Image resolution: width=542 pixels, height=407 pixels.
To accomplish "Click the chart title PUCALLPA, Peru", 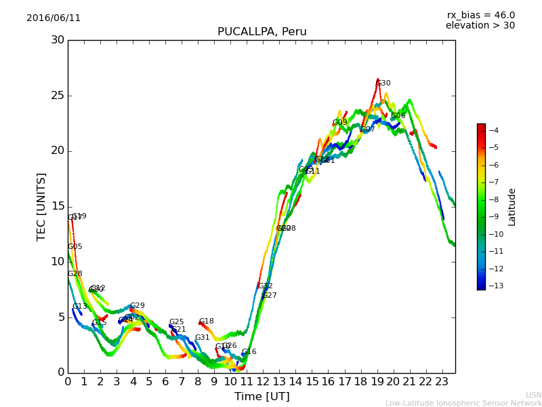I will click(262, 32).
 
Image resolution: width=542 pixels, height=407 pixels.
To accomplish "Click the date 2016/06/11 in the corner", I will click(54, 18).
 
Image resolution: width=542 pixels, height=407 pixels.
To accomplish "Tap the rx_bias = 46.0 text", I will click(480, 15).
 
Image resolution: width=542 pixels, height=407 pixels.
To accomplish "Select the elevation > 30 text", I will click(480, 26).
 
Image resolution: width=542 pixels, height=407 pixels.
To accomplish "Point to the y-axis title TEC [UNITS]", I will click(41, 206).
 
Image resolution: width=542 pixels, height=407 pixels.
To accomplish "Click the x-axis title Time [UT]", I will click(262, 397).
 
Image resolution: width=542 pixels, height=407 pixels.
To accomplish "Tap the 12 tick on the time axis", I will click(263, 381).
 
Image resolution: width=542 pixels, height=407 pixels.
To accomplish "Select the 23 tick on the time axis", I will click(442, 381).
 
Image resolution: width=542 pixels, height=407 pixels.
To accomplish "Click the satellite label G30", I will click(383, 83).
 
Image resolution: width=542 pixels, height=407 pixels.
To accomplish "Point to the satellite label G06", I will click(398, 116).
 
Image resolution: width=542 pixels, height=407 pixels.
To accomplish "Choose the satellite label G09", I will click(339, 123).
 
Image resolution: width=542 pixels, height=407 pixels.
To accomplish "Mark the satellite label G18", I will click(206, 322).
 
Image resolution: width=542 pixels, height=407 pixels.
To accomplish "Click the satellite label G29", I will click(137, 306).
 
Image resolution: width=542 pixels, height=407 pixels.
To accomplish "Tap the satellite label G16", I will click(249, 352).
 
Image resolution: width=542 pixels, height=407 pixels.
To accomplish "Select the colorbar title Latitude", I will click(512, 206).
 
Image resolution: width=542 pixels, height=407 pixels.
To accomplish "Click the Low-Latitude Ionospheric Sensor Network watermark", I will click(463, 403).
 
